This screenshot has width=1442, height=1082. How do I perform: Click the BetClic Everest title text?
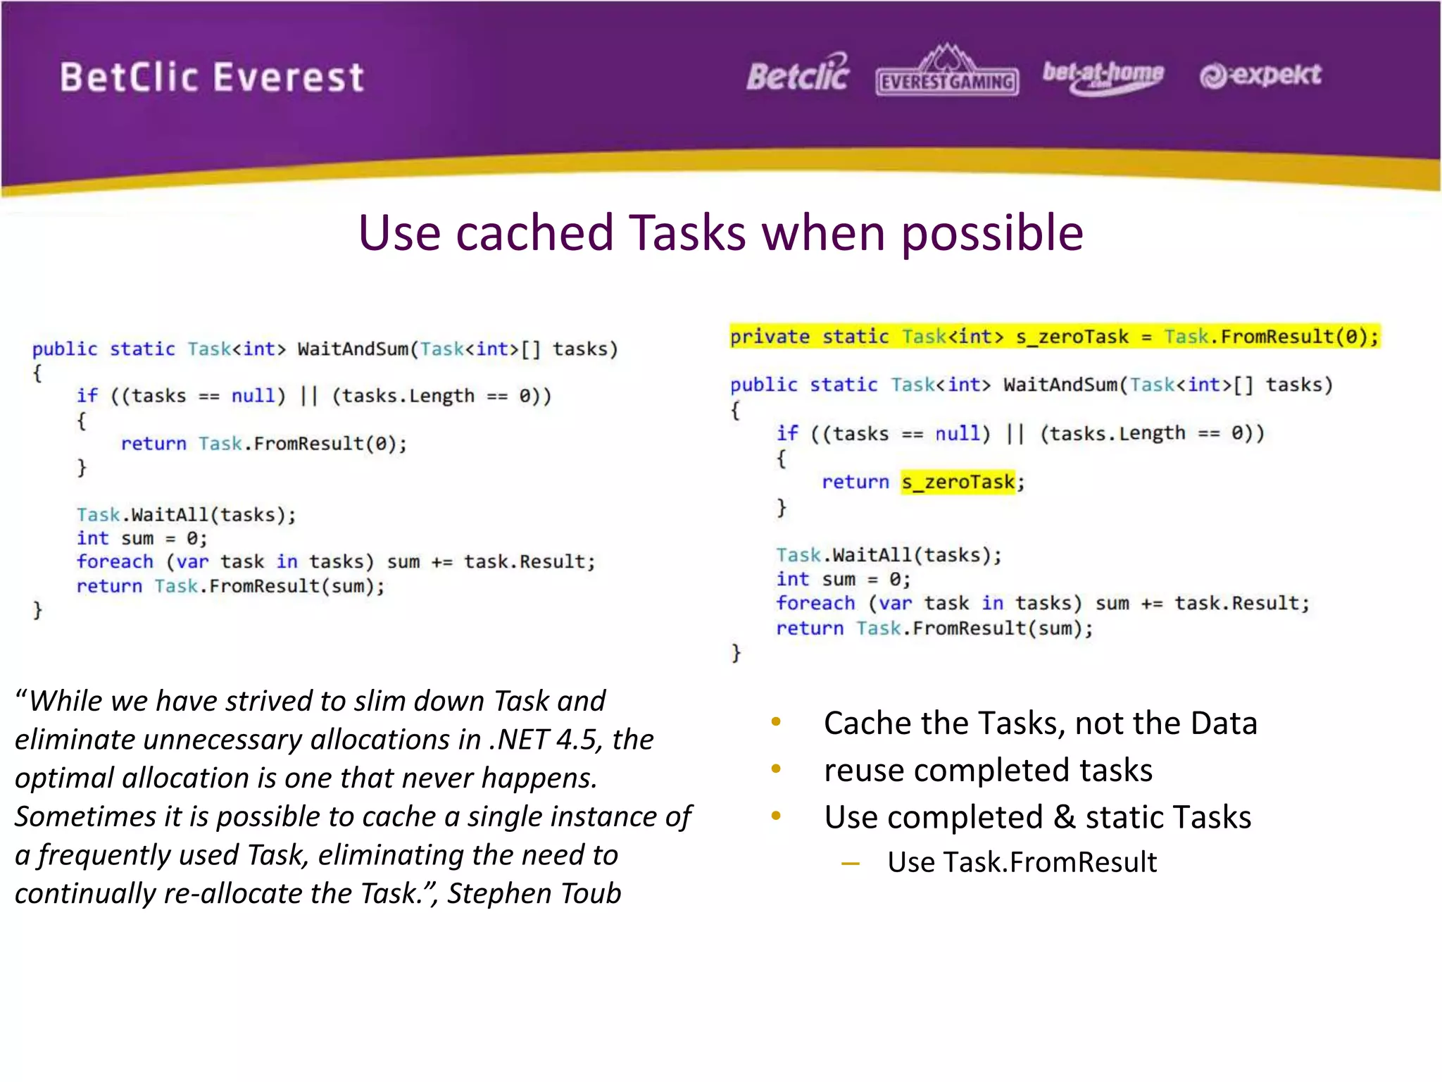tap(211, 77)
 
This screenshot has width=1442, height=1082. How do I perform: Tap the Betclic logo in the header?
tap(798, 74)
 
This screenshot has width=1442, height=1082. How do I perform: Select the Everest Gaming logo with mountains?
tap(947, 72)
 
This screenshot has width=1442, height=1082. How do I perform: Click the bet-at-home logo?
tap(1103, 75)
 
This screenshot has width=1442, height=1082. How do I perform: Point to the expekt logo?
tap(1260, 75)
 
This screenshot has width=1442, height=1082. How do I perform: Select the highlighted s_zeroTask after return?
tap(958, 483)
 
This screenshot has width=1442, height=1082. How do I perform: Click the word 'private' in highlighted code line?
tap(770, 337)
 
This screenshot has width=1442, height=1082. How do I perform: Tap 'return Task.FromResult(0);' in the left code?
tap(264, 444)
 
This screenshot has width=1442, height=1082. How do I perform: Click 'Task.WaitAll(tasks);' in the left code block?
tap(187, 515)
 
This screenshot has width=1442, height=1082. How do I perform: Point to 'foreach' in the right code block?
tap(815, 604)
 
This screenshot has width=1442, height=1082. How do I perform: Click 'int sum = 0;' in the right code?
tap(843, 580)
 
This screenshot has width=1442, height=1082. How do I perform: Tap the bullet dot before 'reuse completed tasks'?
tap(776, 769)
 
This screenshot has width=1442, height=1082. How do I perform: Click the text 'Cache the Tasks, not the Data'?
tap(1040, 723)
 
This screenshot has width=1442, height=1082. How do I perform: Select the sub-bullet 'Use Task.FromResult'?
tap(1021, 862)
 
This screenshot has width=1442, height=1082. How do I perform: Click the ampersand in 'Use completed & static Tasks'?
tap(1064, 818)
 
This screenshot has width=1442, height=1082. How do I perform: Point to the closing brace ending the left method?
tap(37, 610)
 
